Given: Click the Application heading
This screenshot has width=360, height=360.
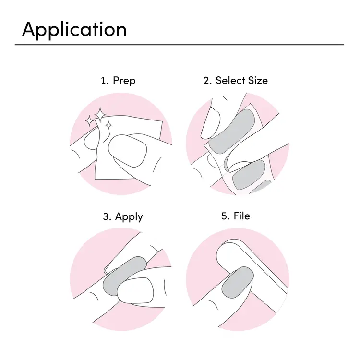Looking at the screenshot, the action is (74, 30).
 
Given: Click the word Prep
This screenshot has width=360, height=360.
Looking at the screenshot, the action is (124, 81).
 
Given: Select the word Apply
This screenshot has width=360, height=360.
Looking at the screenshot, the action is (129, 217).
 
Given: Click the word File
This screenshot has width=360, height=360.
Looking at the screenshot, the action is (242, 216).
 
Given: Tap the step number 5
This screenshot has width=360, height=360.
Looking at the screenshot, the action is (224, 216).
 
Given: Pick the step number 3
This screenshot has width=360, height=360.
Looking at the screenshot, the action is (106, 216).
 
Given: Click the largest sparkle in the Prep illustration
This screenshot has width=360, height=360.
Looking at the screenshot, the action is (100, 114).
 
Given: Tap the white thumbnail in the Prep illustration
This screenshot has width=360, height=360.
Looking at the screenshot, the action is (127, 150).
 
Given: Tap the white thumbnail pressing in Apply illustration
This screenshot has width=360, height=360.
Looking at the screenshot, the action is (135, 291).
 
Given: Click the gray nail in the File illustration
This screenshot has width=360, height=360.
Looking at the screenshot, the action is (238, 282).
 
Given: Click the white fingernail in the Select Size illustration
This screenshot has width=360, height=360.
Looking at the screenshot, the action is (210, 123).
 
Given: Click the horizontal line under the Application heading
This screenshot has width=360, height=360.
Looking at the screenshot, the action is (180, 45).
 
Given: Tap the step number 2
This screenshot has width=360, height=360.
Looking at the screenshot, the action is (206, 81).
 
